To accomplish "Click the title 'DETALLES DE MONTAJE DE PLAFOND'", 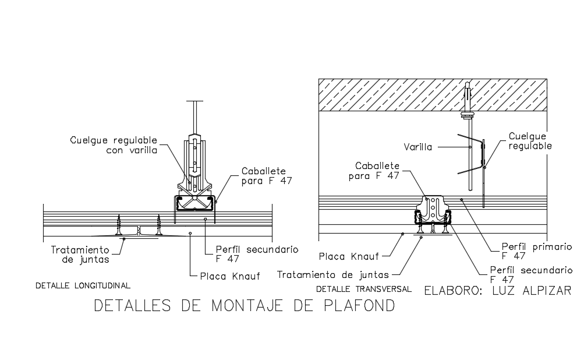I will (x=244, y=306).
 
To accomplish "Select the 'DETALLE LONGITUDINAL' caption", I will (x=83, y=285).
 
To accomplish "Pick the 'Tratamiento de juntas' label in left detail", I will (x=80, y=255).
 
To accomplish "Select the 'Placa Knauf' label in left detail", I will (x=229, y=276).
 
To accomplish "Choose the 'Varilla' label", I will (x=419, y=147).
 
